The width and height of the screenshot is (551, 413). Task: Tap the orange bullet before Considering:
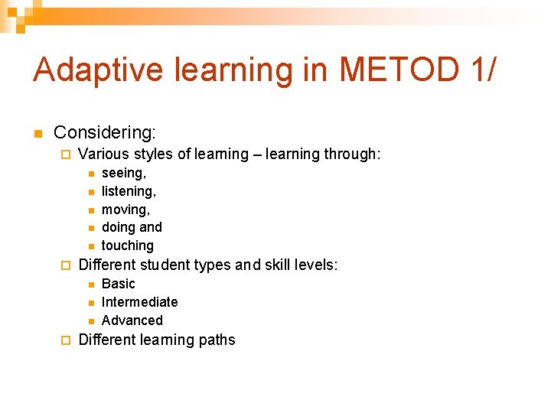coord(36,134)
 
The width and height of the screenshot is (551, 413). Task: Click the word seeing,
coord(124,174)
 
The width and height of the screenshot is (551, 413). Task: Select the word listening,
coord(129,191)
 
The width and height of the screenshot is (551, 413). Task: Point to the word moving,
coord(126,210)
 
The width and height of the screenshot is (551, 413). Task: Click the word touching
coord(128,246)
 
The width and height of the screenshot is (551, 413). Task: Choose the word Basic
coord(118,284)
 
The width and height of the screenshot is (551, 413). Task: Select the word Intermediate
coord(139,302)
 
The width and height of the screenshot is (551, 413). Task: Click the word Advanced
coord(132,320)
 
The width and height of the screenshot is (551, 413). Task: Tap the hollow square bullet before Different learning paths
coord(65,340)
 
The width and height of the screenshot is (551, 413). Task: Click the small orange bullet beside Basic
coord(90,285)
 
